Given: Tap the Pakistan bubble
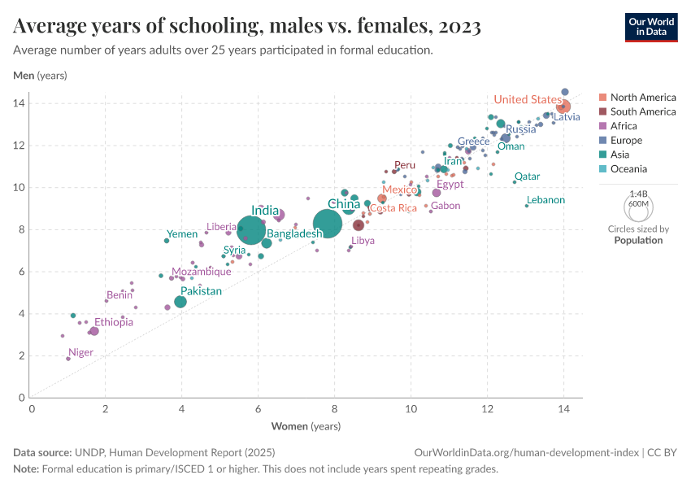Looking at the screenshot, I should click(x=180, y=302).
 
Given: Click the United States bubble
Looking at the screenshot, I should click(x=563, y=107).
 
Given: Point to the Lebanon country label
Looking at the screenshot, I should click(x=545, y=200).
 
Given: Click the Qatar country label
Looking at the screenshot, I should click(x=527, y=176).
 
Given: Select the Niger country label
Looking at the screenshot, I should click(x=80, y=353).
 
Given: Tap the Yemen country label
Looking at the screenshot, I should click(x=182, y=234).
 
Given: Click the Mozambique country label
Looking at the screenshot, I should click(x=201, y=272).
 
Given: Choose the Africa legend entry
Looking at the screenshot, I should click(x=624, y=126).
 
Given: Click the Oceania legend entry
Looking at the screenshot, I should click(x=628, y=169).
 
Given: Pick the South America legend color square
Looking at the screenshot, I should click(x=602, y=112).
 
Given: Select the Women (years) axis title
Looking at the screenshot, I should click(x=306, y=426).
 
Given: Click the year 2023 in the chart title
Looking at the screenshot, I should click(x=458, y=27).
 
